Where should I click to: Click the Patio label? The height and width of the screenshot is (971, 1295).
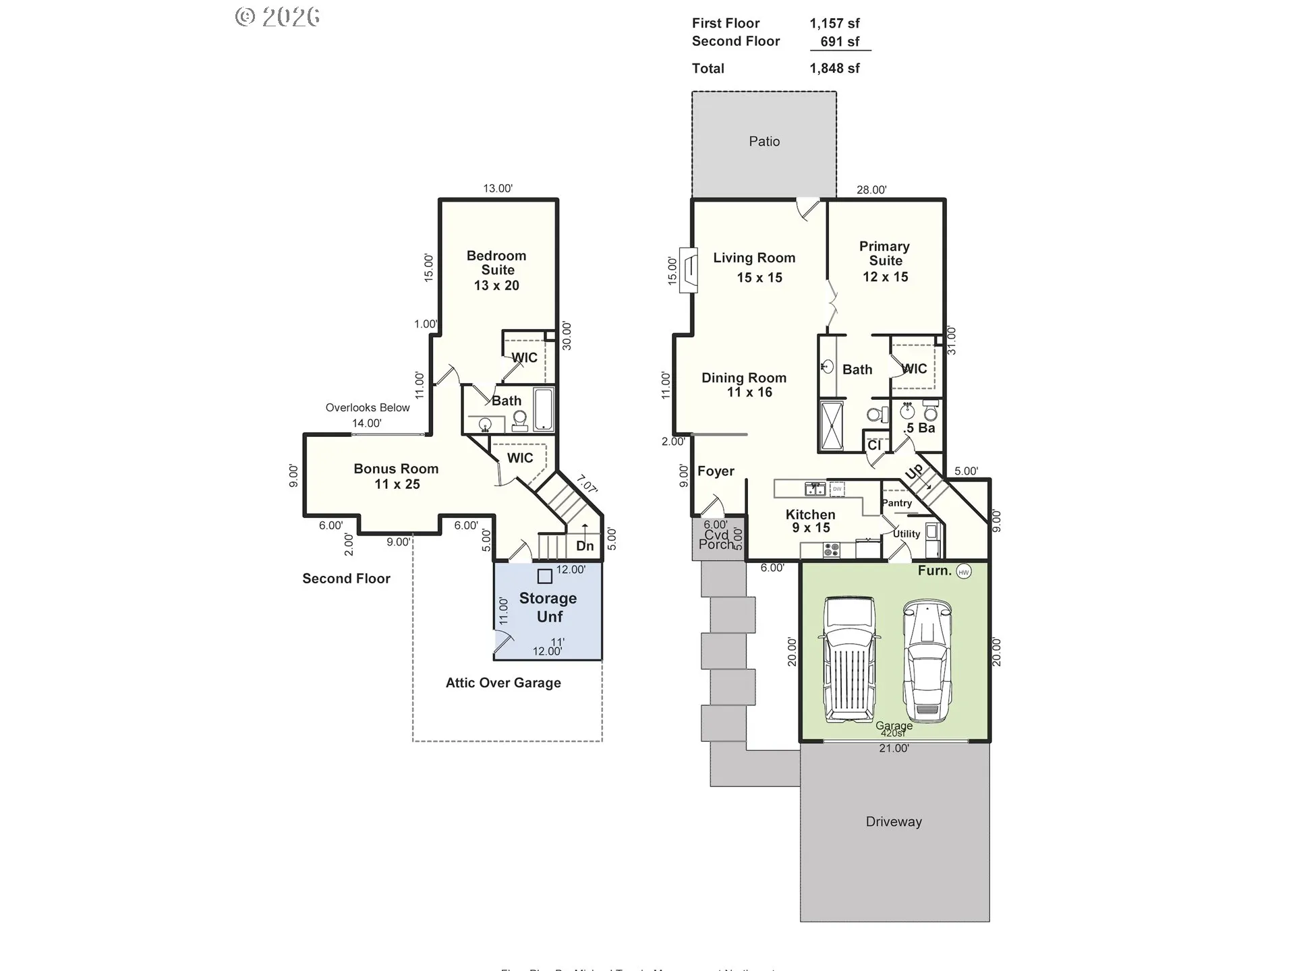click(764, 142)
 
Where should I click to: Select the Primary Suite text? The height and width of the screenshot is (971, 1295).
click(885, 254)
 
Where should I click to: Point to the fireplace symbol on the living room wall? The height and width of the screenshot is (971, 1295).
click(689, 269)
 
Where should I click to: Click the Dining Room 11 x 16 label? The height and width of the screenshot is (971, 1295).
click(744, 385)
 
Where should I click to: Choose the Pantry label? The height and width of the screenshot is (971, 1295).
click(896, 503)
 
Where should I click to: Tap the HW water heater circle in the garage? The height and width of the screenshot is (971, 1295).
click(964, 572)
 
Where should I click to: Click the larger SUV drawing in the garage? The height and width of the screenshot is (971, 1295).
click(849, 659)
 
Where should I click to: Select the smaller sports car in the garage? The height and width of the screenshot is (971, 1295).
click(927, 660)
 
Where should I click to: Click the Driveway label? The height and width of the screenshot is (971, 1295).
click(894, 822)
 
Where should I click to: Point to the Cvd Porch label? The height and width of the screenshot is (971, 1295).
click(716, 540)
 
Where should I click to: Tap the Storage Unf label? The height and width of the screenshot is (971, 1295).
click(548, 607)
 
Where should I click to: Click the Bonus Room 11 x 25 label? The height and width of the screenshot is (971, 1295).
click(397, 476)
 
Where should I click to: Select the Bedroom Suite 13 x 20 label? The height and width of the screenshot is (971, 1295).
click(496, 270)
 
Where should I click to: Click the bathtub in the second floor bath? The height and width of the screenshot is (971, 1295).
click(544, 409)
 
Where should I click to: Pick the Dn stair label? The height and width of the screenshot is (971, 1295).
click(585, 546)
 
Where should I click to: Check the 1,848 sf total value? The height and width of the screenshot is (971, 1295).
click(834, 68)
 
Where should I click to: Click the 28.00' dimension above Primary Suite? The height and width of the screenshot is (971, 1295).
click(871, 190)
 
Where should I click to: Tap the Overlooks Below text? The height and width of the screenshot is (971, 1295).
click(368, 407)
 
